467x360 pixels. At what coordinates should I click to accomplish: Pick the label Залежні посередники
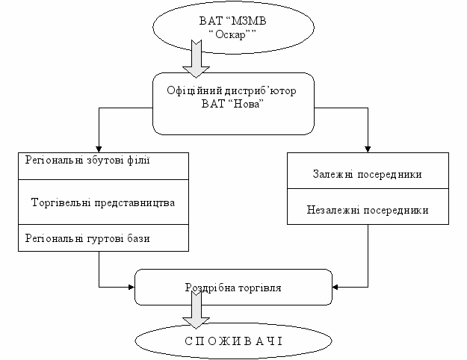[x=367, y=175]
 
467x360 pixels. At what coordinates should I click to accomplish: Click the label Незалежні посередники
[x=368, y=211]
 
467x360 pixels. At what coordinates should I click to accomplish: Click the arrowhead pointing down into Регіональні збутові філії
[x=99, y=148]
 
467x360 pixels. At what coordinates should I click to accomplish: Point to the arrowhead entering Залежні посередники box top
[x=368, y=148]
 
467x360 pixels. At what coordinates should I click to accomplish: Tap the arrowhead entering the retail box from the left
[x=132, y=286]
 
